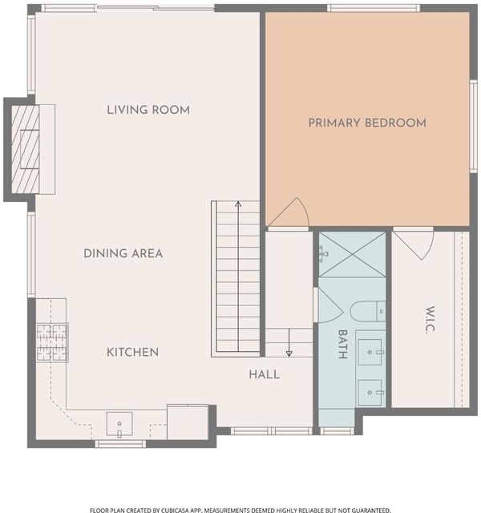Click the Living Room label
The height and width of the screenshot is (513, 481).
(x=148, y=110)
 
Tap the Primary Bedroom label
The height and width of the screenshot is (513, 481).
(x=367, y=123)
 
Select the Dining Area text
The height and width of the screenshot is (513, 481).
(x=123, y=253)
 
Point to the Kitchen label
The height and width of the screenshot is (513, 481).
(x=132, y=353)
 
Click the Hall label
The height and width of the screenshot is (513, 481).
(x=265, y=374)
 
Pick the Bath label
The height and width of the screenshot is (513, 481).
(x=342, y=344)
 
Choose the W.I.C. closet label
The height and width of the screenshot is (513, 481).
(x=430, y=320)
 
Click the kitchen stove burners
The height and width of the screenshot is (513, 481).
(x=52, y=342)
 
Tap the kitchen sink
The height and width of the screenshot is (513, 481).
(x=119, y=424)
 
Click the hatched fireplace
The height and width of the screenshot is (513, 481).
(x=25, y=149)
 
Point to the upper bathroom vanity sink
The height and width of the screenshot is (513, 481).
(x=370, y=352)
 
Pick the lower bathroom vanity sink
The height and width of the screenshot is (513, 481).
(x=370, y=393)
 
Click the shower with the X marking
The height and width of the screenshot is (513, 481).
(x=353, y=255)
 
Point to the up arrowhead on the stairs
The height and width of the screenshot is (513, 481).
(x=238, y=204)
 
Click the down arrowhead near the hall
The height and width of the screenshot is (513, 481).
(x=289, y=353)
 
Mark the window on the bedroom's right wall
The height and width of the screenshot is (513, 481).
(x=474, y=126)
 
